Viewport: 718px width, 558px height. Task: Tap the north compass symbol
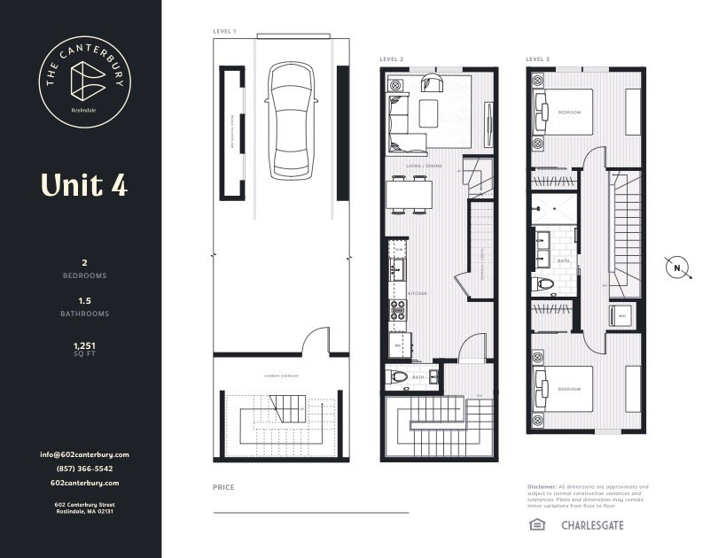[677, 267]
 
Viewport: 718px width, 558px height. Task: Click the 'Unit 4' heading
[83, 184]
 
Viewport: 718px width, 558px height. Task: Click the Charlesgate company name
[592, 525]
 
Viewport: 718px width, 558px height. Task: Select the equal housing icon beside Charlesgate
[536, 525]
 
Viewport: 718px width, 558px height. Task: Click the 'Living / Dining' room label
[424, 166]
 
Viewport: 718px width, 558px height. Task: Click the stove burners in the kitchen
[398, 311]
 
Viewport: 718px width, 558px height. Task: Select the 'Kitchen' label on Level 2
[418, 293]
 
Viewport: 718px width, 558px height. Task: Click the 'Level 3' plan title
[537, 59]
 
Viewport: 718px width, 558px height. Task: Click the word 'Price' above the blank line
[224, 488]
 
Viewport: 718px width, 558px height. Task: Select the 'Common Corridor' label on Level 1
[281, 376]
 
